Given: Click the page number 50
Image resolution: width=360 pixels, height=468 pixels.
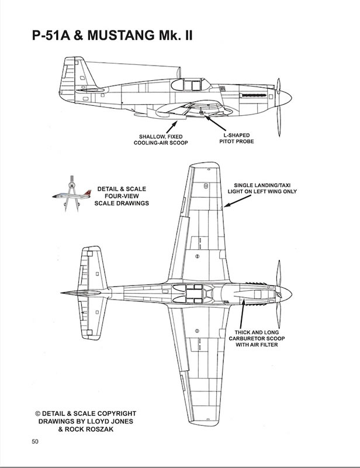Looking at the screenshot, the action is point(35,442).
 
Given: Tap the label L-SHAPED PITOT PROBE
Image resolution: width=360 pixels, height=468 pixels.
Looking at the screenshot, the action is point(237,138).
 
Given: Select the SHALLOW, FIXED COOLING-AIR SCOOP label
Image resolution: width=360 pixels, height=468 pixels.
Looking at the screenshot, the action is point(161,140).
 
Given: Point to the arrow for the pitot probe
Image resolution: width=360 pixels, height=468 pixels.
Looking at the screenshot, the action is point(215,123).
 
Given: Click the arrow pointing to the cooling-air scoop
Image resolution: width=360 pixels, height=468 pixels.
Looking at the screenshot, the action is point(172,126).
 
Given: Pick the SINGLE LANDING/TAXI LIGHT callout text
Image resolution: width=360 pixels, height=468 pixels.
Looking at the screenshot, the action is point(262,188).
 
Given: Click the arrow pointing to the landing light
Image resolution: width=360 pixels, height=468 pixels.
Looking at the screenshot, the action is point(237,201).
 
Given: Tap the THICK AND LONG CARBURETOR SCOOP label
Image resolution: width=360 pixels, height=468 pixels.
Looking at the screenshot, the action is point(257,339).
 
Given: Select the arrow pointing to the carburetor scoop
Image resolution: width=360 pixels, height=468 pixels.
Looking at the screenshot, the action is point(242,314).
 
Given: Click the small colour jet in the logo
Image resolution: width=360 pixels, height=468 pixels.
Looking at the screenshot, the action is point(71,194).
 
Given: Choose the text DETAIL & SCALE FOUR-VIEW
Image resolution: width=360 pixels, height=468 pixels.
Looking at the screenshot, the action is point(122,192).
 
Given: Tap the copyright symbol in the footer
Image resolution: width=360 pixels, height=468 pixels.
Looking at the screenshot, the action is point(37,414).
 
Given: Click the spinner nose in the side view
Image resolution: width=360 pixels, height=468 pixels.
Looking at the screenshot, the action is point(284,98).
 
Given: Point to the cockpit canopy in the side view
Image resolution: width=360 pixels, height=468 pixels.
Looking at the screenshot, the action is point(192,84).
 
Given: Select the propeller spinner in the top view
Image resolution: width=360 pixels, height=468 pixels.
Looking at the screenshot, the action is point(285,294).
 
